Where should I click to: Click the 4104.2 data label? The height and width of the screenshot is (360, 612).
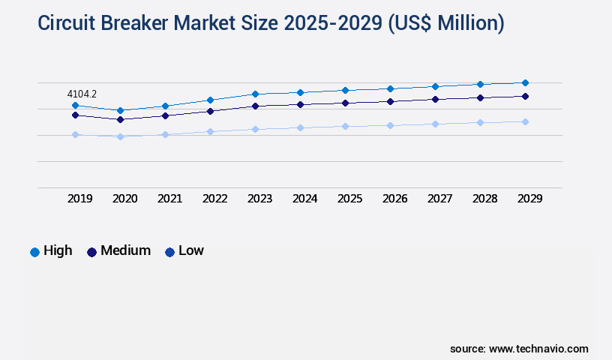pos(82,94)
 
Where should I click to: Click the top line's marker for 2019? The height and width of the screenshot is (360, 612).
pos(75,106)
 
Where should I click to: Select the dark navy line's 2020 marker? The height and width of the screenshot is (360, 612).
pos(120,119)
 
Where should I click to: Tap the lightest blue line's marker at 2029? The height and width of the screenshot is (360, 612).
pos(525,121)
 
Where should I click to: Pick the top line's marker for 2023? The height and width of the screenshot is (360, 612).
pos(255,94)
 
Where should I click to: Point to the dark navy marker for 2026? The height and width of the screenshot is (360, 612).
pos(390,101)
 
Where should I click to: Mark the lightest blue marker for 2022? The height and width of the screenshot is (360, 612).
pos(210,131)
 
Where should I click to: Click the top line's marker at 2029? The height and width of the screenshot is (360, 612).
pos(525,82)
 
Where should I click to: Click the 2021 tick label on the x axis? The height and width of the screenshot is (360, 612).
pos(169,199)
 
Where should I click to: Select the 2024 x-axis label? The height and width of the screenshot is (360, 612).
pos(304,199)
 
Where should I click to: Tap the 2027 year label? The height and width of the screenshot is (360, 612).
pos(439,199)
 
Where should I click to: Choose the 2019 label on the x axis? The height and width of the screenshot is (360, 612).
pos(79,199)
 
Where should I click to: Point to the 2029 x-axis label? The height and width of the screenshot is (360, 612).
pos(529,199)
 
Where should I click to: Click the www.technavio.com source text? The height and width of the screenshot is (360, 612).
pos(538,349)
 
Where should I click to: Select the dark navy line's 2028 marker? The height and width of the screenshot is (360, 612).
pos(480,97)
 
